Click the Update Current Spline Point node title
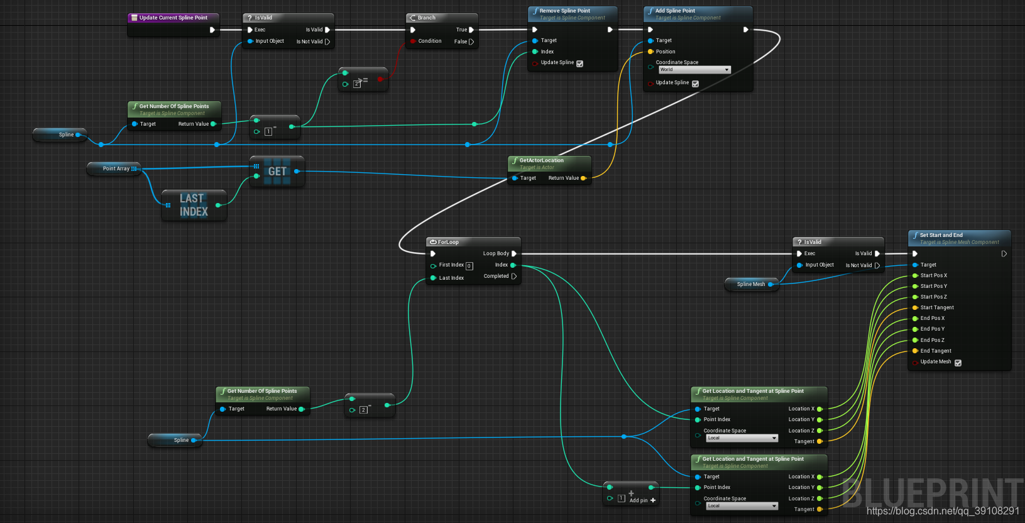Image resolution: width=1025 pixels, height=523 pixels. tap(173, 18)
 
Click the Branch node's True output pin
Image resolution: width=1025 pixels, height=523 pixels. tap(471, 30)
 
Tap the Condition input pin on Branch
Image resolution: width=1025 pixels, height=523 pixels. tap(412, 41)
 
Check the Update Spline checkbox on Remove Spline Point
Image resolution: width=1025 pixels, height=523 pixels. tap(579, 63)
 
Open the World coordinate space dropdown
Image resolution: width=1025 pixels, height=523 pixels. tap(694, 70)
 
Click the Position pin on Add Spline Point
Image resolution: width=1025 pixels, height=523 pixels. tap(650, 52)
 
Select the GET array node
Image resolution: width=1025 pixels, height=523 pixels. tap(277, 171)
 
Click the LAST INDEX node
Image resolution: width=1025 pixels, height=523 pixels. tap(194, 205)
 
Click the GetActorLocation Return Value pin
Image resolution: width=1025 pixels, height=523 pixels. tap(583, 178)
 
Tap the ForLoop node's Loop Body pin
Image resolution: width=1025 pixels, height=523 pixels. tap(513, 253)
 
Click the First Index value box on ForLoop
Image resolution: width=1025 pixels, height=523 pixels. tap(469, 266)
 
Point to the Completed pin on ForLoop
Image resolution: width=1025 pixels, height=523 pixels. tap(513, 276)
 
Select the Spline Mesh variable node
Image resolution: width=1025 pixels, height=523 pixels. tap(750, 284)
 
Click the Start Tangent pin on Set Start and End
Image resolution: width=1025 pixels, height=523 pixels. tap(915, 307)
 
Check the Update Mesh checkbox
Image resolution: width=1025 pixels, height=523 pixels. tap(958, 363)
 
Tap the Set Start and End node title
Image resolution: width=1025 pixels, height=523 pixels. tap(941, 235)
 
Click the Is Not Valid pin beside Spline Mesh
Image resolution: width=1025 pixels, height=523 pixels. tap(877, 265)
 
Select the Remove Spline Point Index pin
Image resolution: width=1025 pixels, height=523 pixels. tap(535, 52)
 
